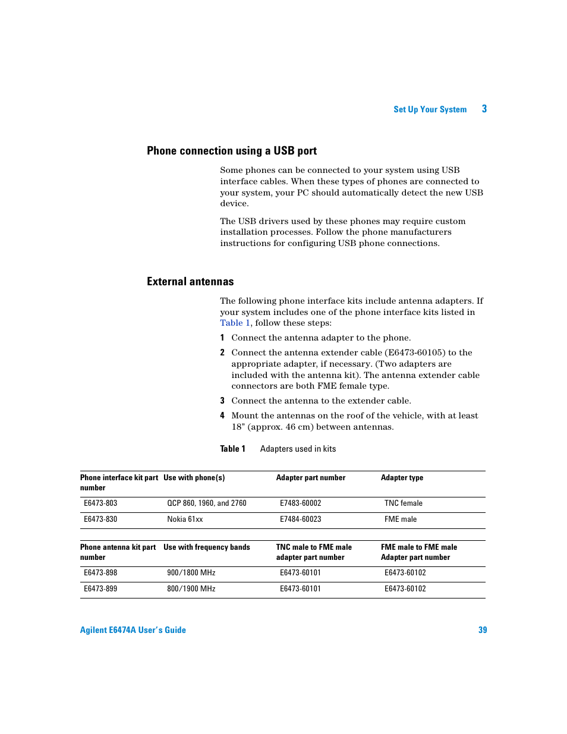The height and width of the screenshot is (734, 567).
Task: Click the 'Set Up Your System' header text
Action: (430, 109)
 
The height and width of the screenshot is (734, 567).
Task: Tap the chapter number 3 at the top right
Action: (484, 109)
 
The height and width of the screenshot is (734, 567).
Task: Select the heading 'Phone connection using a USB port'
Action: (232, 151)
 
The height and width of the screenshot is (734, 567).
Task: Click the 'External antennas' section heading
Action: (190, 282)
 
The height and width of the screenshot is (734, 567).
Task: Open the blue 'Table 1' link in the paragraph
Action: (235, 323)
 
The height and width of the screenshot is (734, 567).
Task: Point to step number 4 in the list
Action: (222, 415)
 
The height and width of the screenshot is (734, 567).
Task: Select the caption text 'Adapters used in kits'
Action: (298, 449)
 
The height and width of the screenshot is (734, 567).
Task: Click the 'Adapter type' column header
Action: (402, 478)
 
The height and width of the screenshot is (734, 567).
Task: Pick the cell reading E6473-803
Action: (100, 503)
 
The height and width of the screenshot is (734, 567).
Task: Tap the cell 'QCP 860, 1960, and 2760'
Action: (206, 503)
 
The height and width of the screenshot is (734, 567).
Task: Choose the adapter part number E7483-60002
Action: (300, 503)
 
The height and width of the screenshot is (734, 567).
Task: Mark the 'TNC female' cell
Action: (403, 503)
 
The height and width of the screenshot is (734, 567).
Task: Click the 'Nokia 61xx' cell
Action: (185, 519)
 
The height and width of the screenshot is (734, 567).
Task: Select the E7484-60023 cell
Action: (300, 519)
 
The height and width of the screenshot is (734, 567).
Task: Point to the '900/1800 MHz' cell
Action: (191, 573)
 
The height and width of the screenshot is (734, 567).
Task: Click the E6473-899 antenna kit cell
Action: (100, 589)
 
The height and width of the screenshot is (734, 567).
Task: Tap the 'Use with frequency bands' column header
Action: (206, 547)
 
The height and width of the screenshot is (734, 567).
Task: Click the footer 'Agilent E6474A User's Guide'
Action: (133, 630)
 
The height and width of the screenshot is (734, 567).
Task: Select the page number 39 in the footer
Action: (483, 630)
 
